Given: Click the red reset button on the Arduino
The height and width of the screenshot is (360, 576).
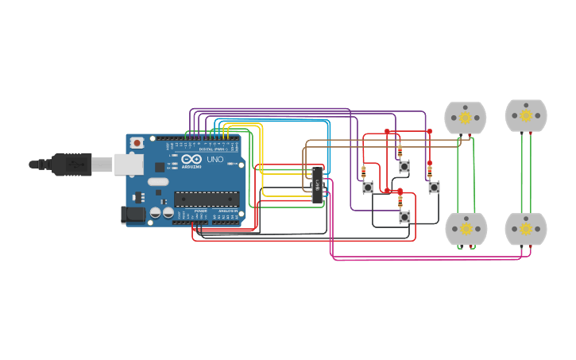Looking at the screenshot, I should coord(137,143).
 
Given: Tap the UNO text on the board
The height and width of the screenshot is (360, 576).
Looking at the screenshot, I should coord(215,160).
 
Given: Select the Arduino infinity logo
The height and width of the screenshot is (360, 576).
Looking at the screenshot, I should coord(191,159).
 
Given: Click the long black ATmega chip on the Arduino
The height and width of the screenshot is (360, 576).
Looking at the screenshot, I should coord(207,199).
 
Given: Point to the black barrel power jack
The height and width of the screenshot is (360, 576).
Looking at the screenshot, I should coord(131,214).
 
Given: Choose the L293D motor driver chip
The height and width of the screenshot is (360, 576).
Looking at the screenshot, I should coord(317,184).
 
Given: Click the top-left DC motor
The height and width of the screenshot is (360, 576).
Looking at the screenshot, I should coord(465,118).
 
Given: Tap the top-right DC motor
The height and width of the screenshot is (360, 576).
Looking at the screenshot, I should coord(526,115).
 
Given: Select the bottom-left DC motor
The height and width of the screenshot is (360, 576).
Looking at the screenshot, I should coord(466,229).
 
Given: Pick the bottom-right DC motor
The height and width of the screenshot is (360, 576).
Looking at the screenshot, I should coord(526,229).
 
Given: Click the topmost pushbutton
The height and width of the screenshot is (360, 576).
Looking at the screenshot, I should coord(404,166).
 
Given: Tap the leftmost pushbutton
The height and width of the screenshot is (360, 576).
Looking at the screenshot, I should coord(368,188).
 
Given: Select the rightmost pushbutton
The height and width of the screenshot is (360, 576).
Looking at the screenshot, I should coord(434,188).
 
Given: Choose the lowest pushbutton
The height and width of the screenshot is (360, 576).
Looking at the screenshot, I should coord(404,216).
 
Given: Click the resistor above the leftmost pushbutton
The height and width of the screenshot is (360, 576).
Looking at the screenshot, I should coord(364,171).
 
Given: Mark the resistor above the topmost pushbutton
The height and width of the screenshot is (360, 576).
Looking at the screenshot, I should coord(400,150).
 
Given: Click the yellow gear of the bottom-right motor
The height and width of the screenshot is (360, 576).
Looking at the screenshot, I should coord(526,229).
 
